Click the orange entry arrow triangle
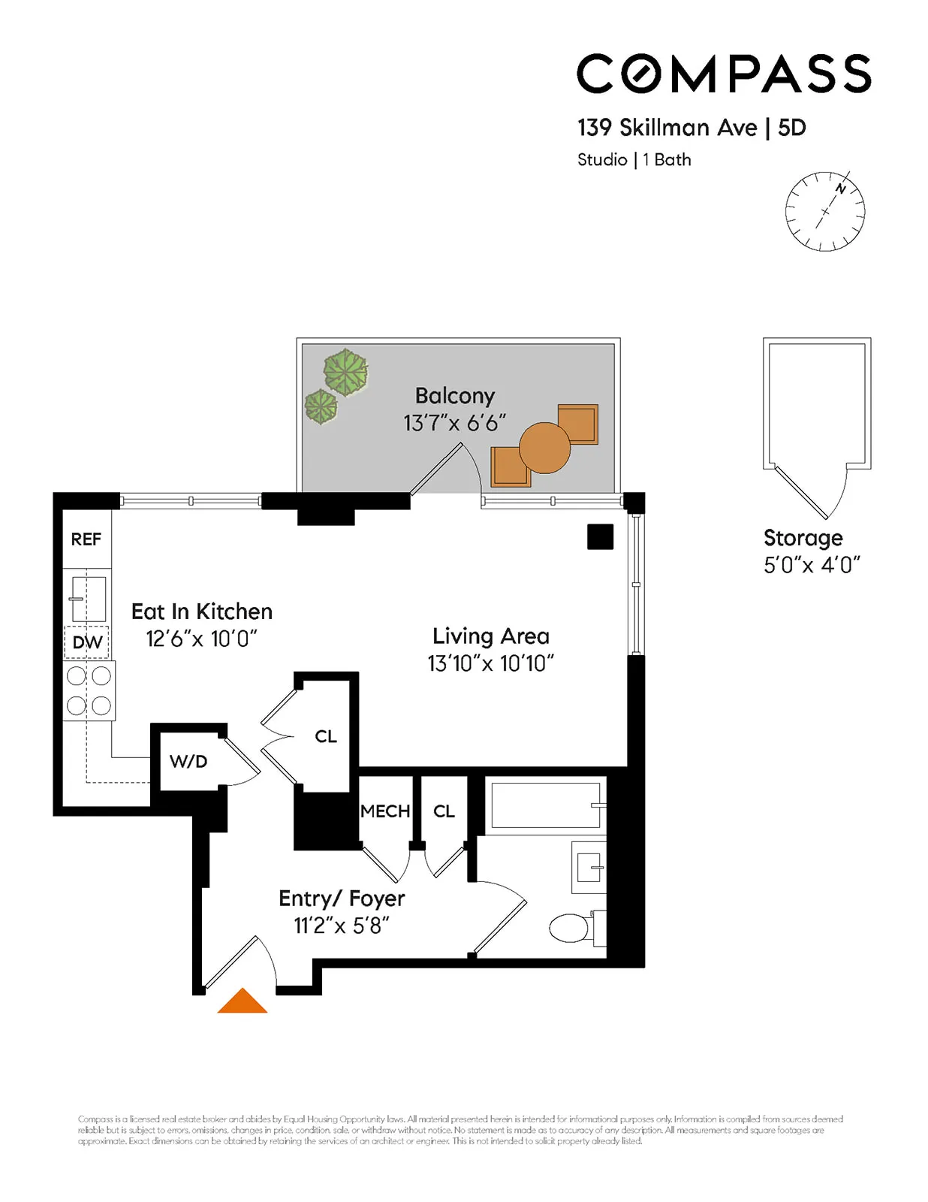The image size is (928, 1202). (x=243, y=1003)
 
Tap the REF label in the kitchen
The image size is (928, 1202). (x=86, y=539)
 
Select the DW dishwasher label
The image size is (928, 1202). (x=87, y=643)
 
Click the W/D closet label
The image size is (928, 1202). (x=188, y=762)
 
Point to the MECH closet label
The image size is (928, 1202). (x=385, y=811)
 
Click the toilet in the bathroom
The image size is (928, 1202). (x=571, y=928)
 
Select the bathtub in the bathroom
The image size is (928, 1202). (x=546, y=805)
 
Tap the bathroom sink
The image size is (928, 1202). (x=589, y=868)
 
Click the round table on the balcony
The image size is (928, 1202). (x=544, y=448)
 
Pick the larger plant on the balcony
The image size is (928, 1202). (x=345, y=373)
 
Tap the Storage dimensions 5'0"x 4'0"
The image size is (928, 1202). (x=812, y=565)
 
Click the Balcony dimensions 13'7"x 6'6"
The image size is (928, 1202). (x=455, y=423)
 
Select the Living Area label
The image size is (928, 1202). (x=491, y=636)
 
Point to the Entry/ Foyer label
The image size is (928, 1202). (x=342, y=898)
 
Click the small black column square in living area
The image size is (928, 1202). (x=600, y=536)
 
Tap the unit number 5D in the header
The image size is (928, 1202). (x=792, y=128)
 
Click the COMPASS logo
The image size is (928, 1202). (x=724, y=74)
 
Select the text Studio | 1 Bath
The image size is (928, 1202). (x=634, y=160)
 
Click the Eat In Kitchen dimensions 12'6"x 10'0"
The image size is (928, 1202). (x=201, y=639)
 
